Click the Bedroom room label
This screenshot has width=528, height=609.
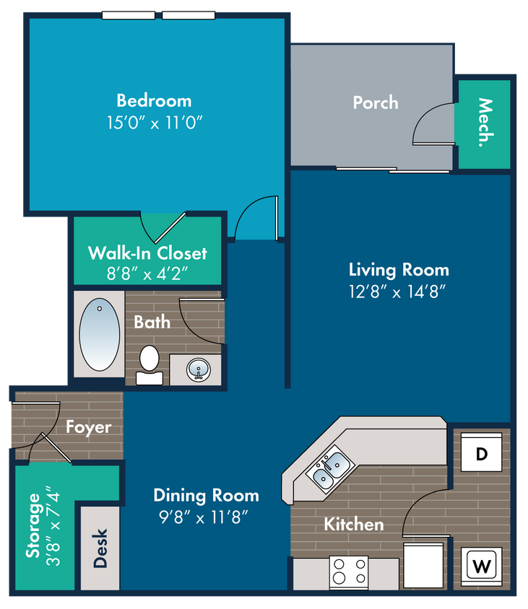(x=154, y=100)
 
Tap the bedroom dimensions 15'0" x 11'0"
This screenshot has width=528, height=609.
(x=155, y=123)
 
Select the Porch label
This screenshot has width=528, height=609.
(x=376, y=103)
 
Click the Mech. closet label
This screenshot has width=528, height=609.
(x=485, y=123)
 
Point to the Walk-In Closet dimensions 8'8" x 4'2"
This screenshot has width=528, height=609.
(x=147, y=273)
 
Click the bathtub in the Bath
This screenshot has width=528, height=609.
(x=100, y=334)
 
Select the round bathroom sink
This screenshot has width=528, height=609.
(x=199, y=369)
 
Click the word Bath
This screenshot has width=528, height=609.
(x=152, y=322)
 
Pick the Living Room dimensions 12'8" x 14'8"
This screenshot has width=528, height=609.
(x=397, y=292)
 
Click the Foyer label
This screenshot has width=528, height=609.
(x=89, y=427)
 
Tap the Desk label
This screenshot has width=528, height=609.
(x=100, y=548)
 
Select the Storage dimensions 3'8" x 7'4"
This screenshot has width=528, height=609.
(x=53, y=525)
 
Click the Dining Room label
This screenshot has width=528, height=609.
(x=206, y=495)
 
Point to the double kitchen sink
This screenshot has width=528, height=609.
(x=330, y=469)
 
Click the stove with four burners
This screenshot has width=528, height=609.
(x=349, y=572)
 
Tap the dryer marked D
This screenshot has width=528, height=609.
(x=481, y=452)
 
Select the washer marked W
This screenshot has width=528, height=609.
(x=481, y=566)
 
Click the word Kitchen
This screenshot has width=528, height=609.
(x=354, y=525)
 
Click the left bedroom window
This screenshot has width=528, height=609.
(x=129, y=16)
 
